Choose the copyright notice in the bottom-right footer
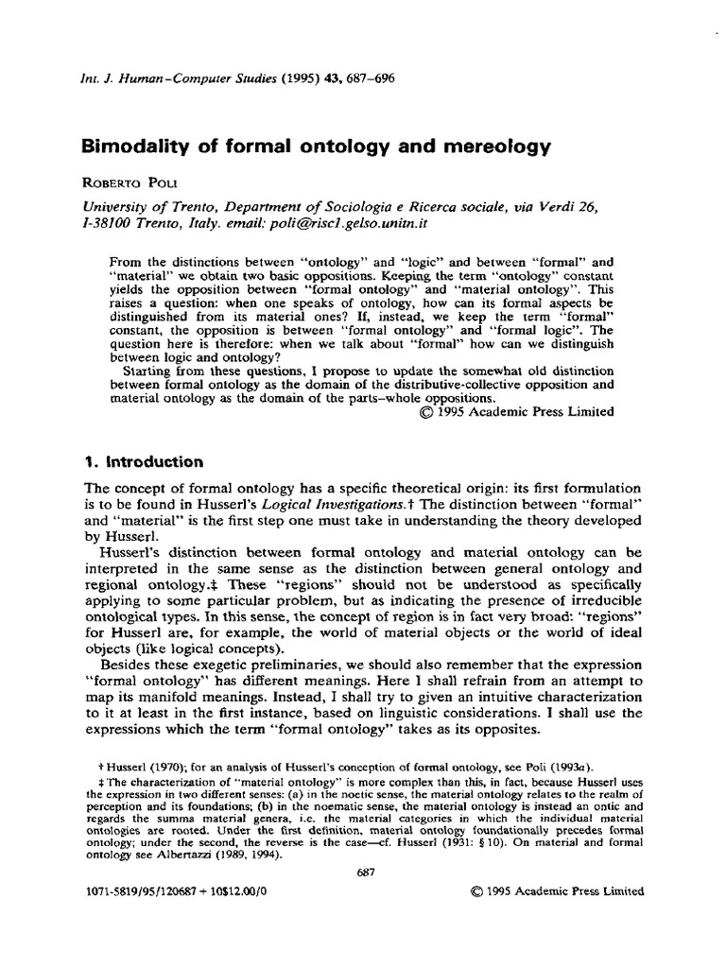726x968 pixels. pyautogui.click(x=556, y=891)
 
